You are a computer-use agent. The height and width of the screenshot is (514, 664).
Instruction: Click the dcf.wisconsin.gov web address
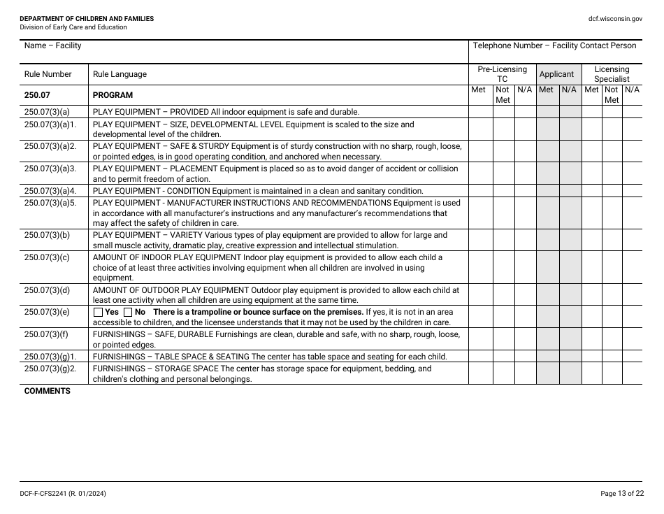click(615, 19)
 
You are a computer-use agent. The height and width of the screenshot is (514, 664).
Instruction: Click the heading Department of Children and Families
click(87, 19)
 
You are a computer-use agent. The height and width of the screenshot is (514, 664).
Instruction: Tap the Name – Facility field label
click(52, 45)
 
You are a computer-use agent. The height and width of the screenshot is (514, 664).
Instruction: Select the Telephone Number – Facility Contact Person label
click(554, 45)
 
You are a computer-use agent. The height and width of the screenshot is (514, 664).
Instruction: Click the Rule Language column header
click(120, 74)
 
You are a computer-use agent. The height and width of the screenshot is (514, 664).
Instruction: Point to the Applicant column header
click(557, 74)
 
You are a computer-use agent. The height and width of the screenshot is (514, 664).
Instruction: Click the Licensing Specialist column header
click(612, 74)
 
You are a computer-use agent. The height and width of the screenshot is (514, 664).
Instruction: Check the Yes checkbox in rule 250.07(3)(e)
click(98, 312)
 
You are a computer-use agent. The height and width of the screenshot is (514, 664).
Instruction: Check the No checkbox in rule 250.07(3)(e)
click(128, 312)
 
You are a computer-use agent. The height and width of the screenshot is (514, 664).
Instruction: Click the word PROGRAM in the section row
click(113, 95)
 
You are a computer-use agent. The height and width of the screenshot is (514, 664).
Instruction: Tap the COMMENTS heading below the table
click(48, 391)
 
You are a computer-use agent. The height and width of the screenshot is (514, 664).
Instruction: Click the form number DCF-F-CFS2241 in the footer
click(63, 494)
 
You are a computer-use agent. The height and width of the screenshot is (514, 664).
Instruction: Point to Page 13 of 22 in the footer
click(622, 494)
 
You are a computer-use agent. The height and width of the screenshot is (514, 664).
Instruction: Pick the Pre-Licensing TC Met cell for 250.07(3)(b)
click(480, 241)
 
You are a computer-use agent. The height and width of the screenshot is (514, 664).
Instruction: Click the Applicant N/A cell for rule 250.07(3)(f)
click(570, 340)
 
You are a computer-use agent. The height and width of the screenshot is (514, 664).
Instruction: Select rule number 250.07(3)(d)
click(47, 290)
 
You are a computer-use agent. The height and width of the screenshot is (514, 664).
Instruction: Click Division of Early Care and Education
click(73, 27)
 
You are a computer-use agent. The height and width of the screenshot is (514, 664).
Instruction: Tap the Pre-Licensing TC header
click(502, 74)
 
